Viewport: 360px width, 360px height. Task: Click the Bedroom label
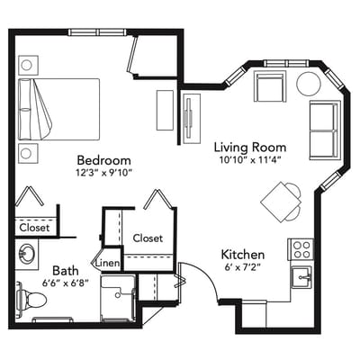103,160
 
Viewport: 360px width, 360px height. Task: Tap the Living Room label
250,148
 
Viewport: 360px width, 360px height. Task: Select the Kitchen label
243,255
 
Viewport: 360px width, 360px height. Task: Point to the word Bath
66,271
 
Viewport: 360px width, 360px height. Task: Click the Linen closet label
108,264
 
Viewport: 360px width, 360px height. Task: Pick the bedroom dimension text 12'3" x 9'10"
103,173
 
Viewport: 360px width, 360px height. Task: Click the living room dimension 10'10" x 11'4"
250,160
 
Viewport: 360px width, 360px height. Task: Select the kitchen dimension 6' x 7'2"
243,266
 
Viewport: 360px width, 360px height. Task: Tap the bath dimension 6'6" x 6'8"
66,283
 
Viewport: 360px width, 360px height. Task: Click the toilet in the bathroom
31,299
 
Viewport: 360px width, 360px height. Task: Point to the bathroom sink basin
26,254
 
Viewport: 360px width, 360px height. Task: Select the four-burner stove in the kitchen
301,249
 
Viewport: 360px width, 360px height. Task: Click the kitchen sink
301,277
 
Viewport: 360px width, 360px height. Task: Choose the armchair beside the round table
269,86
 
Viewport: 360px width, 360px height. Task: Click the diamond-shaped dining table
278,202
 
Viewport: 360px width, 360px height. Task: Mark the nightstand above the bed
28,65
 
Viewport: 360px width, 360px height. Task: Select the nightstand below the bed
28,153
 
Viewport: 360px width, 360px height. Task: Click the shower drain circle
118,295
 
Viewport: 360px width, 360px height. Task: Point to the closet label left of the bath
34,228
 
